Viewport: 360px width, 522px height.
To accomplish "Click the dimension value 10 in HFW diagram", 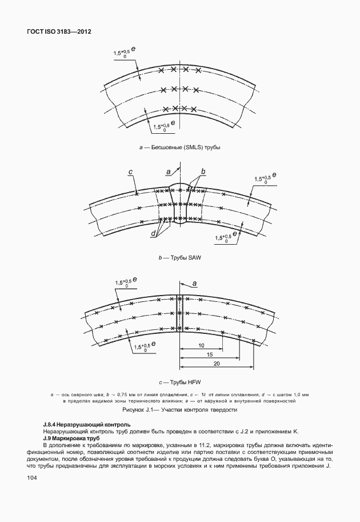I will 201,346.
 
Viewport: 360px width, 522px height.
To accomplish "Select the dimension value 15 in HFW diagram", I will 209,355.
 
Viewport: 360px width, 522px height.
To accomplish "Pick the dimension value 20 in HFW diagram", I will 217,364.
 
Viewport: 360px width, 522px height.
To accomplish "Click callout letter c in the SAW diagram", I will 131,172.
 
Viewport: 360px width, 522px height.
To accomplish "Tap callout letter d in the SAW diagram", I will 154,233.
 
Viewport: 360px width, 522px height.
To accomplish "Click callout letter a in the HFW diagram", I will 194,283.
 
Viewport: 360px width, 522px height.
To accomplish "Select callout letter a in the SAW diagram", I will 167,172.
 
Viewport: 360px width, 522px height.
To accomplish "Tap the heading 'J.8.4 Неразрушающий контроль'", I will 86,425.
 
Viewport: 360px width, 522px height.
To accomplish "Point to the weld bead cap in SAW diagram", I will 180,187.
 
